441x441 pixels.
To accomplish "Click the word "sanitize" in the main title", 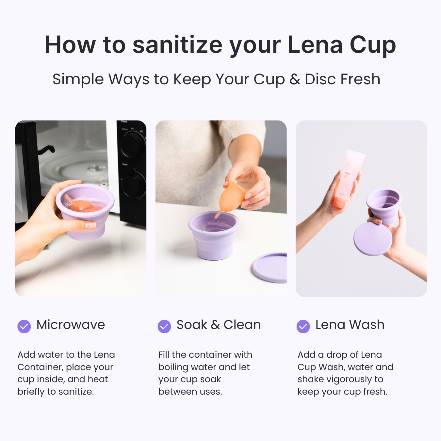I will pos(177,45).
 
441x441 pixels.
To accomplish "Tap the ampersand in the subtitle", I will pos(295,79).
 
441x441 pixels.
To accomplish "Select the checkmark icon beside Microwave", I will pos(24,326).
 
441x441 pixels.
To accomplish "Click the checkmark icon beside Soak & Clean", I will pos(164,326).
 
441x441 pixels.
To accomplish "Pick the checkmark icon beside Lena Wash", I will pos(303,326).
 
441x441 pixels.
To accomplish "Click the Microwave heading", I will pos(71,325).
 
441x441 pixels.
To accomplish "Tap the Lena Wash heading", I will pos(350,325).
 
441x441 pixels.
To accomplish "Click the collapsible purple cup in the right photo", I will pos(384,205).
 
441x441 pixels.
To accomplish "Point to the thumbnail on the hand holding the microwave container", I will pos(90,225).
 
